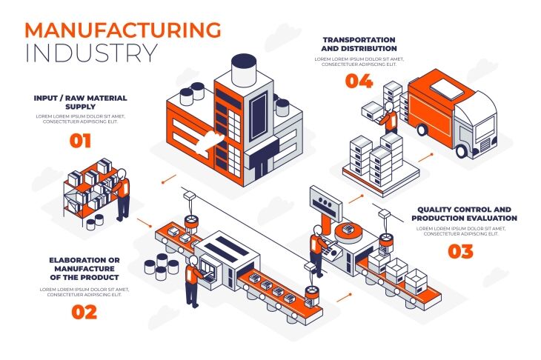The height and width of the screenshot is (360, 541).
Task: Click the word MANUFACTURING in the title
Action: click(x=123, y=30)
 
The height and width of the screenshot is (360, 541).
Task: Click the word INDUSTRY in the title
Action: click(x=91, y=54)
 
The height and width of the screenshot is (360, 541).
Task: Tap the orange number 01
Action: click(x=80, y=140)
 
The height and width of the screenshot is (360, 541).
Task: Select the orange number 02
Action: click(x=84, y=312)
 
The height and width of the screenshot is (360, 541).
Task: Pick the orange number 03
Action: click(x=460, y=251)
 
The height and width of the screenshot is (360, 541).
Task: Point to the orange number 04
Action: click(x=359, y=81)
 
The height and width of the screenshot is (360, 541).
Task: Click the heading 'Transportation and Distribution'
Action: click(x=359, y=44)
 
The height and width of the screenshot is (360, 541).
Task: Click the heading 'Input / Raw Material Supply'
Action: click(x=80, y=102)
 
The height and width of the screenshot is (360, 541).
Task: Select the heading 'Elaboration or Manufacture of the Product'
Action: click(x=84, y=269)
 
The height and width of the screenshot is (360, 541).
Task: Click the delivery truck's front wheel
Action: click(x=462, y=151)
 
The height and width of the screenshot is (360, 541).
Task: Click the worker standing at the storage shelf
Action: click(x=123, y=194)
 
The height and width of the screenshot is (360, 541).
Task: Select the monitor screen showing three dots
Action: click(x=323, y=202)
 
